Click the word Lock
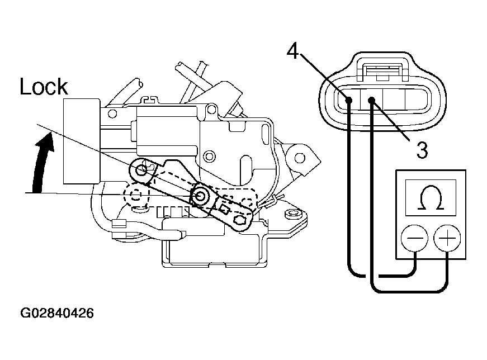(x=44, y=86)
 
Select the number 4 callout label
(x=292, y=51)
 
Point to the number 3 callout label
(x=422, y=150)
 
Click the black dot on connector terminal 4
(x=349, y=100)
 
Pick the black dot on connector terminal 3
(x=371, y=100)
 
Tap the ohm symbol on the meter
(x=431, y=198)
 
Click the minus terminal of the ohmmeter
(x=414, y=239)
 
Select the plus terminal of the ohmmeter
(x=447, y=239)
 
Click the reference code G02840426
(x=57, y=313)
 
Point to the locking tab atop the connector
(x=382, y=67)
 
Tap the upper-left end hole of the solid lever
(x=143, y=169)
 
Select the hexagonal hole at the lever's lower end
(x=240, y=220)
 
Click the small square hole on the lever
(x=224, y=208)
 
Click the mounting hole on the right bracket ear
(x=299, y=158)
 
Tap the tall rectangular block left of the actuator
(x=82, y=141)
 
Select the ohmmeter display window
(x=431, y=198)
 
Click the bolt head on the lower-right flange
(x=292, y=214)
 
